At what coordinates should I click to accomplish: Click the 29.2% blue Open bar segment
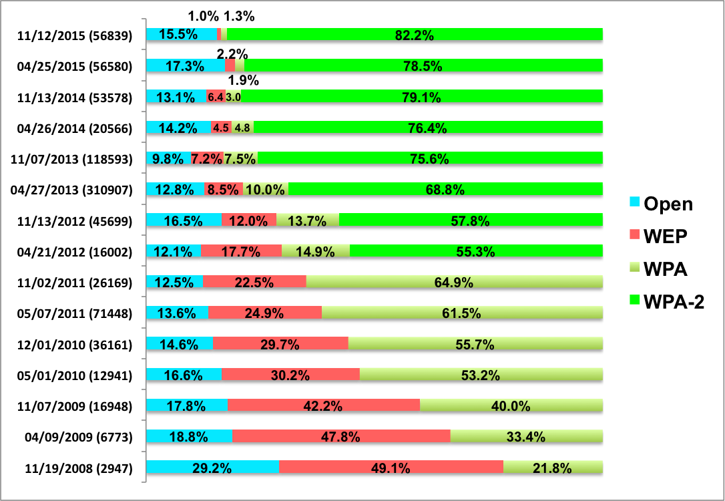pyautogui.click(x=212, y=468)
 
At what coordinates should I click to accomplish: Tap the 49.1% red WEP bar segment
pyautogui.click(x=391, y=468)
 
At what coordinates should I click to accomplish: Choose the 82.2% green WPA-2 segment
pyautogui.click(x=415, y=35)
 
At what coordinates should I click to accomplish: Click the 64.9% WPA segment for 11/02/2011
pyautogui.click(x=455, y=282)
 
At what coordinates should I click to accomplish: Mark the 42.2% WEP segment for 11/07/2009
pyautogui.click(x=324, y=405)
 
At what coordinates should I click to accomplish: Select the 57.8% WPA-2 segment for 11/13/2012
pyautogui.click(x=471, y=220)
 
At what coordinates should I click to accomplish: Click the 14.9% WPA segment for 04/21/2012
pyautogui.click(x=315, y=251)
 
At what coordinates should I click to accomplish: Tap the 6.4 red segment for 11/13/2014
pyautogui.click(x=216, y=97)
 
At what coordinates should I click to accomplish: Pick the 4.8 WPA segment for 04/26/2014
pyautogui.click(x=242, y=128)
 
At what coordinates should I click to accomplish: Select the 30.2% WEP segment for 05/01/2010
pyautogui.click(x=290, y=375)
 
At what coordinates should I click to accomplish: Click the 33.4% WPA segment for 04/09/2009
pyautogui.click(x=526, y=437)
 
